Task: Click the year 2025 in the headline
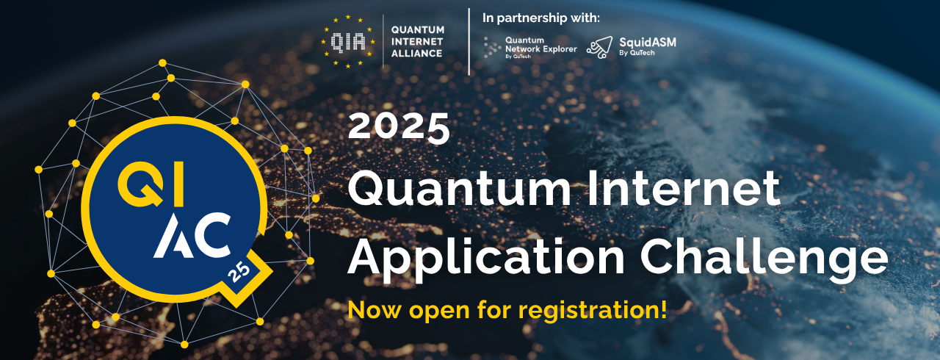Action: coord(399,126)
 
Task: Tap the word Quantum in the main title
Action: coord(460,189)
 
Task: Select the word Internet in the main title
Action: coord(683,188)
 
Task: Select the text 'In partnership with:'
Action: coord(541,18)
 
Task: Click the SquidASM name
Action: coord(648,43)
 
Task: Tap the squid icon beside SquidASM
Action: coord(600,47)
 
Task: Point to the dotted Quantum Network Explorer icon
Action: coord(491,47)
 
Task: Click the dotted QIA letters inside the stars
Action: coord(347,43)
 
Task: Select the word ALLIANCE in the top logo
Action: coord(416,54)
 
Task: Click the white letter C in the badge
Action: coord(213,235)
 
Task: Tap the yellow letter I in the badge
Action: coord(178,187)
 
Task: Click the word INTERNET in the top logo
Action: coord(416,42)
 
